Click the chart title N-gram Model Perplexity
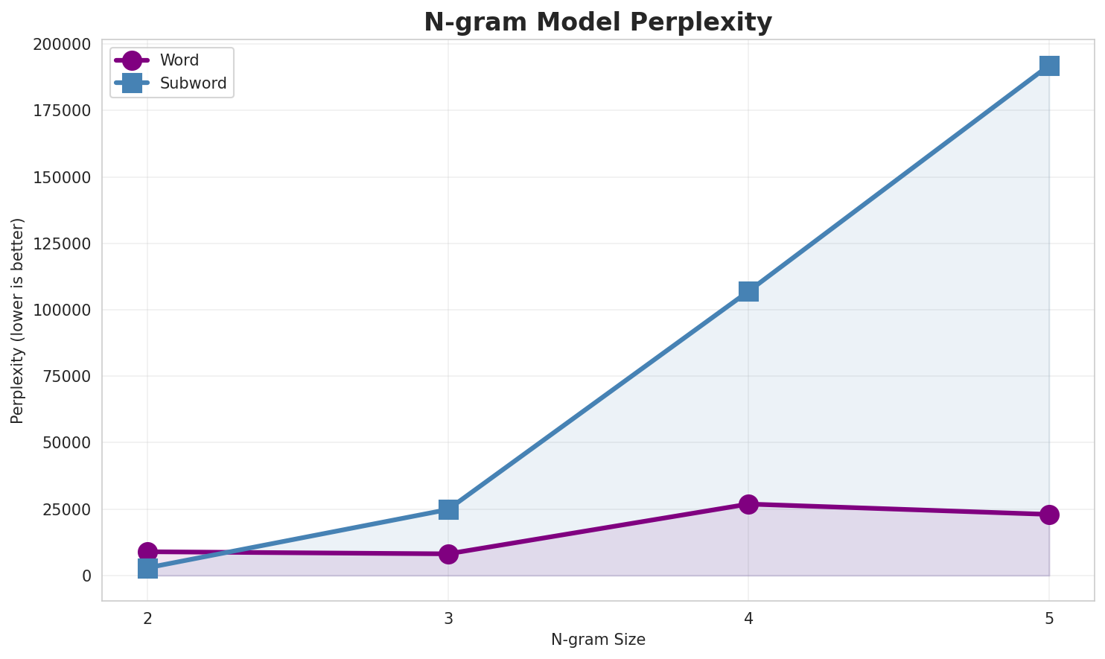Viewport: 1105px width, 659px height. pos(597,22)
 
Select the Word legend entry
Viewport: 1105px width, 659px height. pos(179,61)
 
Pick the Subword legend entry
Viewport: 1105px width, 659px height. pos(193,83)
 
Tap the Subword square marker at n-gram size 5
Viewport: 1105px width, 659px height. pos(1048,66)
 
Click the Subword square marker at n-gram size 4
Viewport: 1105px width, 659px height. pos(748,291)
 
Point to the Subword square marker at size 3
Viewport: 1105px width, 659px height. pos(448,509)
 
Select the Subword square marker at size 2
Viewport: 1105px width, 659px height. pos(147,569)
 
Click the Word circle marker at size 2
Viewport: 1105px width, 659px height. pos(147,552)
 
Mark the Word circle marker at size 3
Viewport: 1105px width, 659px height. pos(448,554)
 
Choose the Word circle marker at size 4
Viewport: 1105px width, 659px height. pos(748,504)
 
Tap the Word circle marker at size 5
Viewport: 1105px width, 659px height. pos(1048,515)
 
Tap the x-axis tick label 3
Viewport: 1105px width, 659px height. pos(448,619)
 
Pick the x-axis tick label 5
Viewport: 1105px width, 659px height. pos(1048,619)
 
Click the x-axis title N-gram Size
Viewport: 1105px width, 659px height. pos(598,640)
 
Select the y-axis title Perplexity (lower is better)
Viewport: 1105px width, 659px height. pos(18,321)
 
